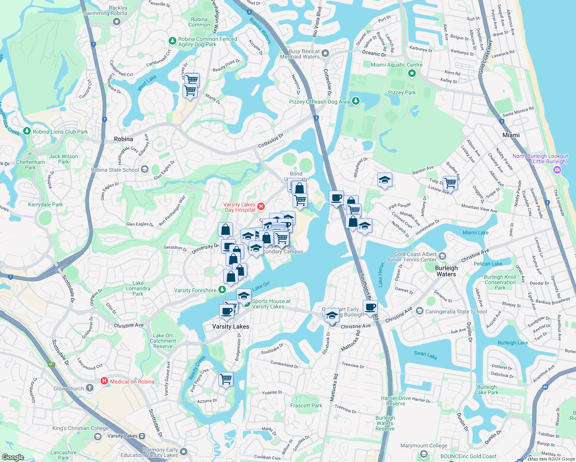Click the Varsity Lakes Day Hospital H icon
tap(261, 207)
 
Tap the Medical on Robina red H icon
tap(104, 381)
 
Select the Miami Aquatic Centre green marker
tap(412, 73)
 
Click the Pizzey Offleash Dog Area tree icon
tap(356, 101)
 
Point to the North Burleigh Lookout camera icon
tap(557, 170)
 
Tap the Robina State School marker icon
tap(145, 169)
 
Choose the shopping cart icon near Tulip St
tap(450, 184)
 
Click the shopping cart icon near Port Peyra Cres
tap(226, 379)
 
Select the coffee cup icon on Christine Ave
tap(370, 308)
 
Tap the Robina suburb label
tap(124, 139)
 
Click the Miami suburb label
tap(511, 135)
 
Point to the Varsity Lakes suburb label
tap(231, 326)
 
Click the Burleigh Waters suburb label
tap(446, 271)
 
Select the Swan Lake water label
tap(425, 355)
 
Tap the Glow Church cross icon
tap(90, 388)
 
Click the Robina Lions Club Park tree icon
tap(27, 131)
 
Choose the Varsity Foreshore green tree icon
tap(222, 290)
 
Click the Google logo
tap(13, 457)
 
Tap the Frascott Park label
tap(306, 405)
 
